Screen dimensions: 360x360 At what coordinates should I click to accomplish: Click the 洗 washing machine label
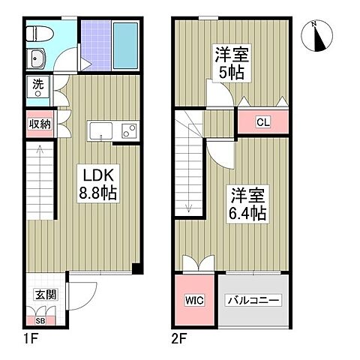pos(37,86)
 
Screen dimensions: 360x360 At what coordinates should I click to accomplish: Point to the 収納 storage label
pos(40,124)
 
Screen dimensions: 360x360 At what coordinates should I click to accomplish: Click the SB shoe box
pos(40,320)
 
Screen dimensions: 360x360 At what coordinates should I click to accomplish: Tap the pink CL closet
pos(262,121)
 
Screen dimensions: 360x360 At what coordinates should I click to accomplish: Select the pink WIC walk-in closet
pos(193,301)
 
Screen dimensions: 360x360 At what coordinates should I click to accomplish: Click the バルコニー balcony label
pos(253,301)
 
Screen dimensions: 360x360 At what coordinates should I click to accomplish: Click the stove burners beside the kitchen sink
pos(128,130)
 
